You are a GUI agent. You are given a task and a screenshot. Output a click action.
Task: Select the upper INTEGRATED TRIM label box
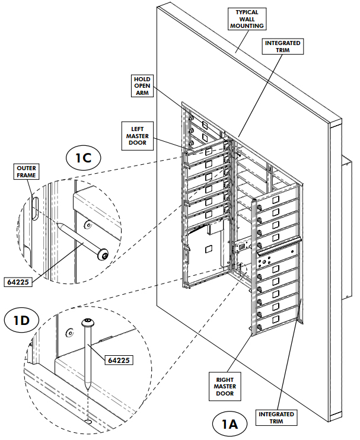click(x=283, y=47)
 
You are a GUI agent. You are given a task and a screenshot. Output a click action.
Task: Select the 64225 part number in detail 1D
click(x=119, y=359)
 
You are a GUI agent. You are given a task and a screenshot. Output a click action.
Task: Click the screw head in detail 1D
click(x=87, y=323)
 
